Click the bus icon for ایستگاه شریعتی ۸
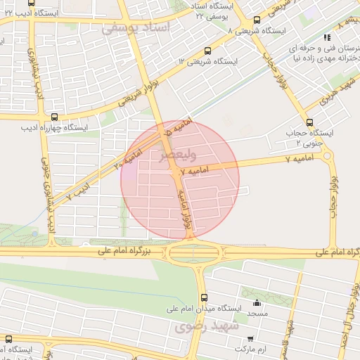255,20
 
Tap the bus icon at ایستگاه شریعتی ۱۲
207,51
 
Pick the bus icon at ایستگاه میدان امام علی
204,297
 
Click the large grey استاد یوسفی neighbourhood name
136,28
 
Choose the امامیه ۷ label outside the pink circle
299,160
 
